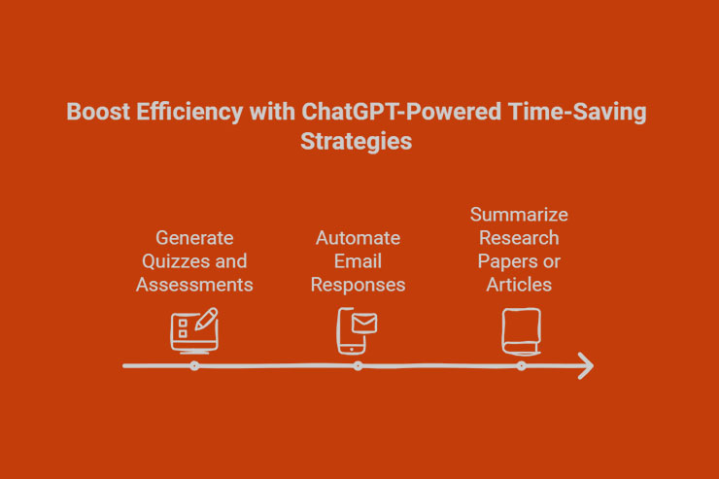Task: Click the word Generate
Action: coord(194,238)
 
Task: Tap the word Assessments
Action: coord(194,285)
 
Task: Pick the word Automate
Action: coord(358,238)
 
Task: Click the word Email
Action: coord(358,261)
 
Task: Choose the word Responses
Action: coord(358,285)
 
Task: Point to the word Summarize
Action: coord(519,215)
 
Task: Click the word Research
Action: coord(519,238)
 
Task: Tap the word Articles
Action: coord(519,285)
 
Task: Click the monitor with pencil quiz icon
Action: coord(194,329)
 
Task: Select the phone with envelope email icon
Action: coord(357,330)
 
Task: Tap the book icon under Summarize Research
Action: coord(520,330)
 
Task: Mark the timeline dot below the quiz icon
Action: coord(194,365)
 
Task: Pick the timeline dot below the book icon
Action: coord(521,365)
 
